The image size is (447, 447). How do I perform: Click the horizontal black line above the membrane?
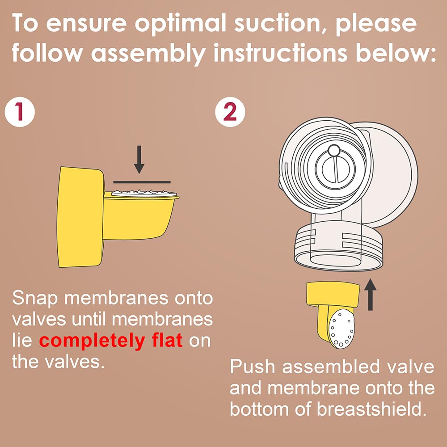[142, 182]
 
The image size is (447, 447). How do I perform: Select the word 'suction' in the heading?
[264, 25]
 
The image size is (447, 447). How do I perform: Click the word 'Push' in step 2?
[253, 367]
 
